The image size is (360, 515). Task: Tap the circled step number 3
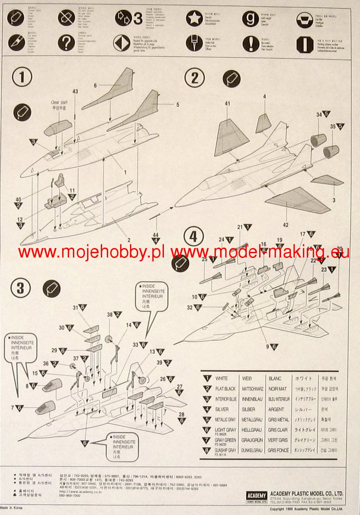[21, 288]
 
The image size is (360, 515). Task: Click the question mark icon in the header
[67, 43]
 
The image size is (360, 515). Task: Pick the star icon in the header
[194, 18]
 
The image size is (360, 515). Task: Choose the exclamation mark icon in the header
[251, 43]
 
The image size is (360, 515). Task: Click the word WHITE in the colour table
[221, 379]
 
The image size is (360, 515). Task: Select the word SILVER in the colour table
[222, 409]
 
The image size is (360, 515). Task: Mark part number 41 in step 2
[227, 103]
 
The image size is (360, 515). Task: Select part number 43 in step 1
[75, 91]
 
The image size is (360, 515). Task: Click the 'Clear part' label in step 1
[60, 103]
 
